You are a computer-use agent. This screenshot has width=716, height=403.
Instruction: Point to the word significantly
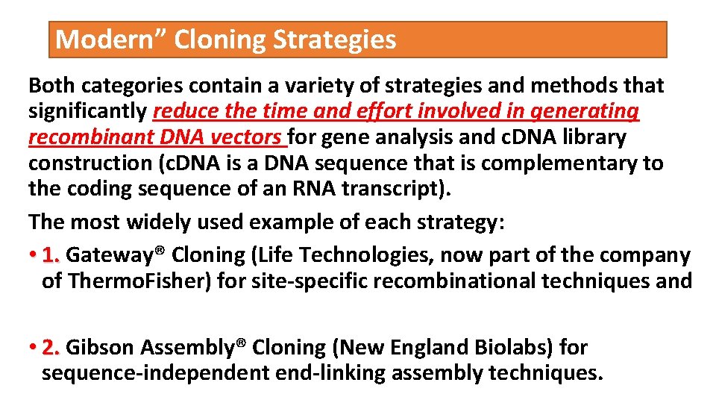pos(87,111)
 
